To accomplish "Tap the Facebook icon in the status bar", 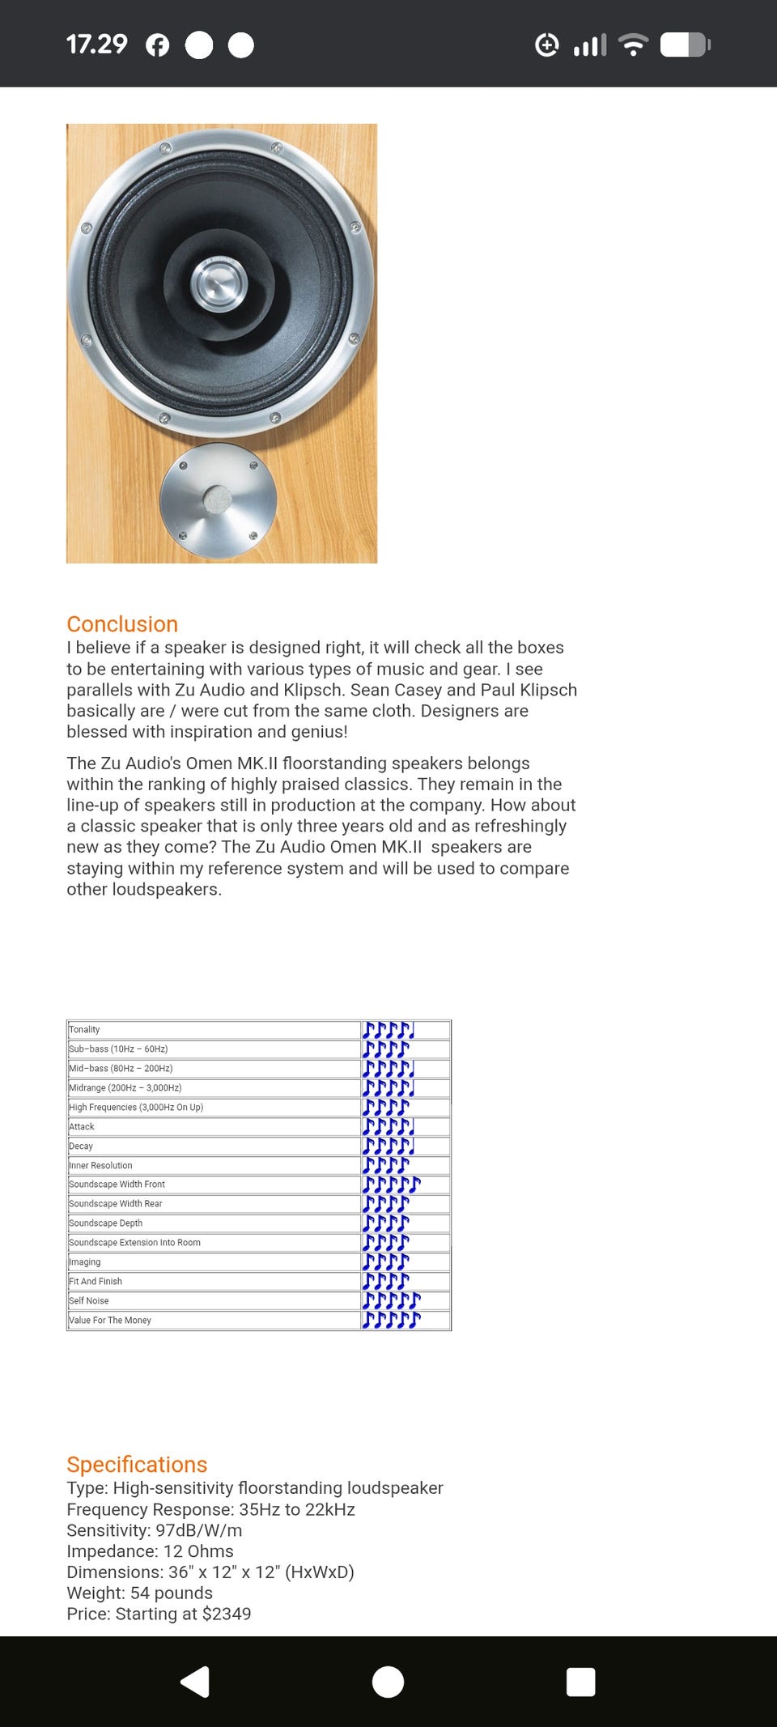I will (x=158, y=45).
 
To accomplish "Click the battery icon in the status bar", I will (x=685, y=45).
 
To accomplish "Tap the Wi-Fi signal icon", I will (x=633, y=45).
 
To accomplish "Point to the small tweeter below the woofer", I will (x=218, y=500).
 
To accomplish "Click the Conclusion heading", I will (x=122, y=624).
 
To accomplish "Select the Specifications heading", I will (x=137, y=1465).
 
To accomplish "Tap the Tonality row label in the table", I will (x=85, y=1030).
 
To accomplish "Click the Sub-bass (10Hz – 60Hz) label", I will (x=119, y=1049).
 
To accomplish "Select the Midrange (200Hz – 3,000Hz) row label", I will (x=125, y=1088).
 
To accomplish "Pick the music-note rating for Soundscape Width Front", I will (x=392, y=1185).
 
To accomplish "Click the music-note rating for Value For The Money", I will (x=392, y=1321).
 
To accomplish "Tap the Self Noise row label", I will (x=89, y=1301).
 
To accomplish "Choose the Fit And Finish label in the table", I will (x=96, y=1282).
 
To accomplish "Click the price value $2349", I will (x=227, y=1614).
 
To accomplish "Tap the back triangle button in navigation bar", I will (x=195, y=1682).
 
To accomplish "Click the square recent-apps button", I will (x=581, y=1682).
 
